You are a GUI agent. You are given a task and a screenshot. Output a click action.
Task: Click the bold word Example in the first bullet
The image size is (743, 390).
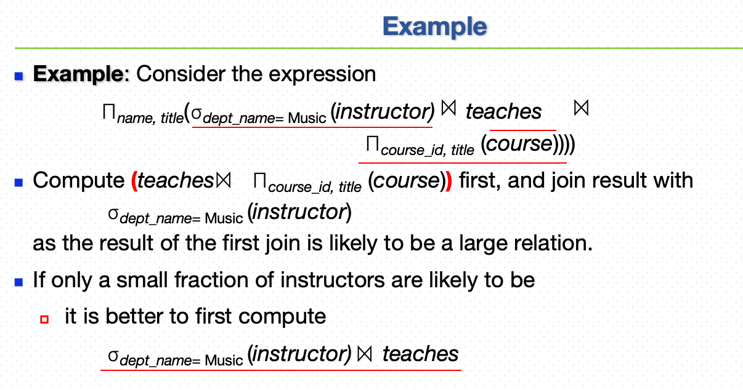[79, 74]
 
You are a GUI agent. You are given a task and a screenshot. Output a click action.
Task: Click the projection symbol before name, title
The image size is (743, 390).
[109, 111]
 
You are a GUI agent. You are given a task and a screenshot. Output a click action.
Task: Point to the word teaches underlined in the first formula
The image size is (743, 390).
[503, 111]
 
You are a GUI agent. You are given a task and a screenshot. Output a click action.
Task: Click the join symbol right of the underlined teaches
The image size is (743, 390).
[581, 108]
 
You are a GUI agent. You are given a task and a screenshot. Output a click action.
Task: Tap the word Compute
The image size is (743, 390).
[79, 181]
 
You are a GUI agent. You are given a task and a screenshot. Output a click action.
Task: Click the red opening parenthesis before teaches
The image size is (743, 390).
[134, 181]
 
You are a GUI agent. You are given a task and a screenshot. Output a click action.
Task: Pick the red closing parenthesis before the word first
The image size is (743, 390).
[449, 181]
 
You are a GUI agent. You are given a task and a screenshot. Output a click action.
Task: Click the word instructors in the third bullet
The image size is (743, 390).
[333, 280]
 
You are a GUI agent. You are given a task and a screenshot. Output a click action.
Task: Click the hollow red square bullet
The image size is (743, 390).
[44, 319]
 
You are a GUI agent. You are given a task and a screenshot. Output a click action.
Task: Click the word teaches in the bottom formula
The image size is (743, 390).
[420, 354]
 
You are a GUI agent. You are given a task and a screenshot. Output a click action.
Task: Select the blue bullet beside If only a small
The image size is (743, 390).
[19, 282]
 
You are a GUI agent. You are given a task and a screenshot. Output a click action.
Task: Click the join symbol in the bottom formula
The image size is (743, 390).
[365, 354]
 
